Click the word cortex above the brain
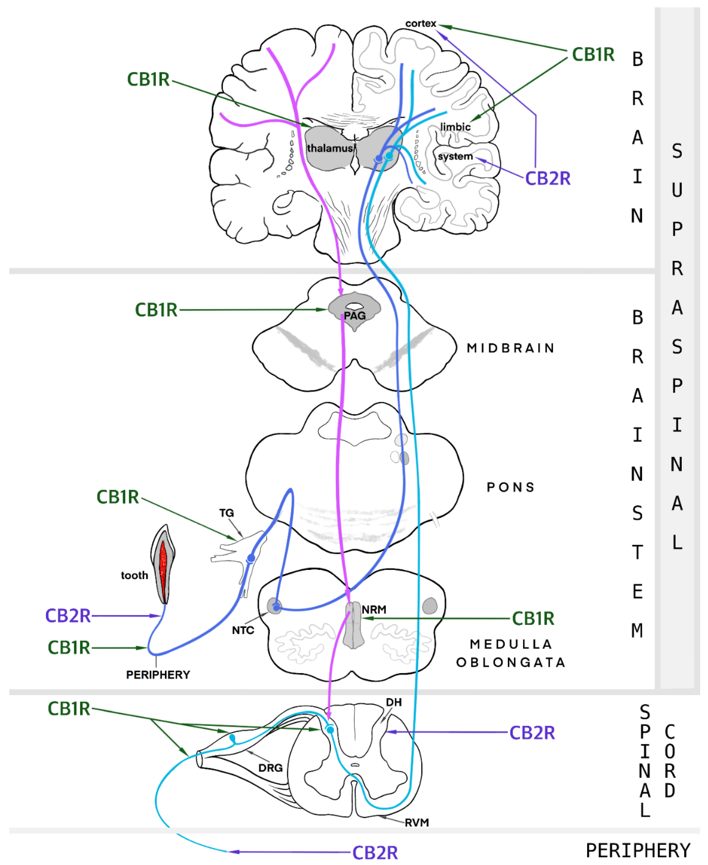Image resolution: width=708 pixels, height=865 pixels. (x=420, y=24)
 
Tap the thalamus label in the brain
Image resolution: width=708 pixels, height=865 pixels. (x=330, y=148)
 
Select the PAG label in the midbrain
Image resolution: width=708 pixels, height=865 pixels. (x=354, y=316)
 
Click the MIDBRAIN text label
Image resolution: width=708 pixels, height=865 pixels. (x=511, y=348)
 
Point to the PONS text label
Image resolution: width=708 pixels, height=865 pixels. (x=511, y=487)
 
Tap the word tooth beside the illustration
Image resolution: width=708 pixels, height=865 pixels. (x=134, y=575)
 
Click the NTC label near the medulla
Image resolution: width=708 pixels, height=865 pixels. (x=243, y=630)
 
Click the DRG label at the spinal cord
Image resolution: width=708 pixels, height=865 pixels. (x=270, y=768)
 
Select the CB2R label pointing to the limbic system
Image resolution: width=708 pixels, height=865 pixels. (x=547, y=178)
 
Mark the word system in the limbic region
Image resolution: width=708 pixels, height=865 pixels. (x=455, y=156)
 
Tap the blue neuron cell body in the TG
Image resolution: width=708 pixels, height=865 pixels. (x=251, y=558)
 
